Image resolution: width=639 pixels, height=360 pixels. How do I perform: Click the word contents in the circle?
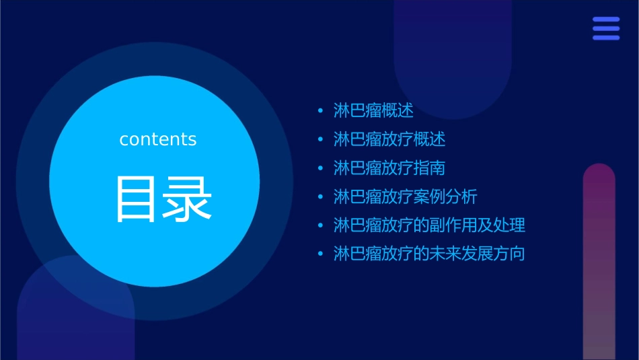pos(158,139)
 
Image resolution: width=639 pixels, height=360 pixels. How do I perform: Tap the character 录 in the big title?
pos(184,199)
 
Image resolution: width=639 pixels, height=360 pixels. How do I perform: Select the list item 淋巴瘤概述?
pos(373,110)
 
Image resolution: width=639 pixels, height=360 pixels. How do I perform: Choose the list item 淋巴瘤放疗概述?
pos(389,139)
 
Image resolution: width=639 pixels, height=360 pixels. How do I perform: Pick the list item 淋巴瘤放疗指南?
pos(389,168)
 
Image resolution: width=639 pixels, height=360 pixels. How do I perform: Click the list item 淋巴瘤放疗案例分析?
pos(405,196)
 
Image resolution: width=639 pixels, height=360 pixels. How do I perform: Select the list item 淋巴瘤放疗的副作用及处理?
pos(429,225)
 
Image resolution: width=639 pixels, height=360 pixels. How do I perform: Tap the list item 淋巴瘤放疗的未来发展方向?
pos(429,254)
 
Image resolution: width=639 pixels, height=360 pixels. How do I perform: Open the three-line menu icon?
pos(606,28)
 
